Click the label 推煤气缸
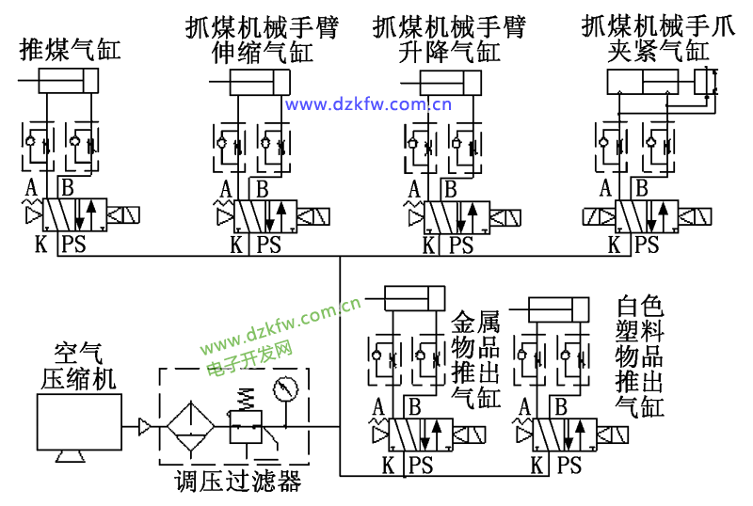point(71,49)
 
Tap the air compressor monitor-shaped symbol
point(79,424)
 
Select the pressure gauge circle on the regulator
point(284,388)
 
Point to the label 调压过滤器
point(237,482)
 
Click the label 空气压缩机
point(79,366)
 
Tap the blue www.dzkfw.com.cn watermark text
point(368,104)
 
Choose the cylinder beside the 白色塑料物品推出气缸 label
point(565,310)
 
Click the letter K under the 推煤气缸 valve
point(40,246)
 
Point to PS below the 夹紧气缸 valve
point(646,246)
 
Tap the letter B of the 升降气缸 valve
point(450,188)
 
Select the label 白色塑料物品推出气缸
point(640,357)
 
